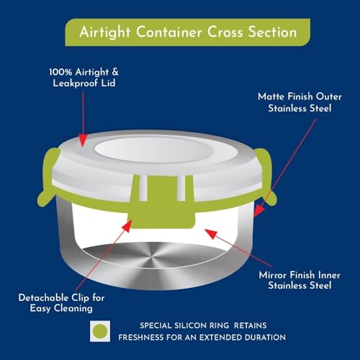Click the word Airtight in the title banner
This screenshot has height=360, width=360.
click(x=105, y=32)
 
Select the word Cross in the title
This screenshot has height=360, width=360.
click(x=225, y=32)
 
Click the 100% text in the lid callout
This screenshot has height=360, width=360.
click(x=61, y=72)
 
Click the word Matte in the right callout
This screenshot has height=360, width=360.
click(x=271, y=96)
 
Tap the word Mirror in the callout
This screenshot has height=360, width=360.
click(x=273, y=275)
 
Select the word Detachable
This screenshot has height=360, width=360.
click(x=43, y=298)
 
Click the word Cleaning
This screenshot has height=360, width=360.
click(x=73, y=309)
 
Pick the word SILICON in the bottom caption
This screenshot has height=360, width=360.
click(x=190, y=325)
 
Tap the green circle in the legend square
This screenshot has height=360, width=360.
click(x=100, y=331)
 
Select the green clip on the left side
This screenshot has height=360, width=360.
click(x=48, y=178)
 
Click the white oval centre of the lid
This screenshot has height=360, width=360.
click(x=153, y=150)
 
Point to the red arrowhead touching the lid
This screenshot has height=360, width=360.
click(x=83, y=140)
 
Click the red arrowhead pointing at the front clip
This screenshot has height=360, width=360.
click(x=127, y=225)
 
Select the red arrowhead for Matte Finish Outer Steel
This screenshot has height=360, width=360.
click(x=258, y=210)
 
